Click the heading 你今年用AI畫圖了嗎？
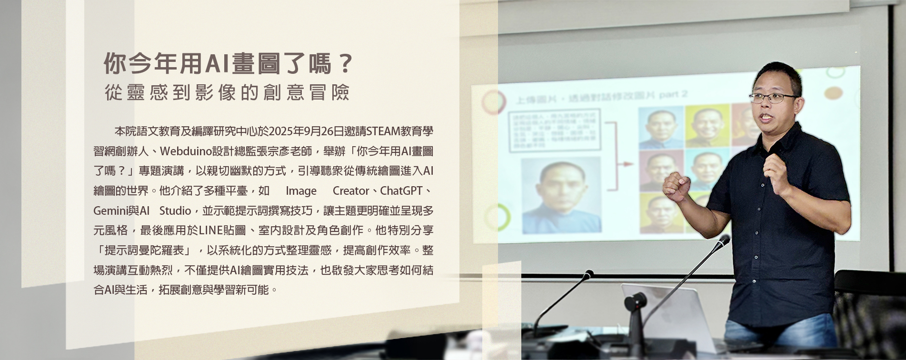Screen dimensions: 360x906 tap(229, 64)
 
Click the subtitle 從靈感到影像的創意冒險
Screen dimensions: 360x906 tap(227, 93)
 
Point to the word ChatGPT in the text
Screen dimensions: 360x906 tap(401, 191)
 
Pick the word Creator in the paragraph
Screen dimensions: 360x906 tap(351, 191)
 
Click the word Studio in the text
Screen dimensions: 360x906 tap(175, 210)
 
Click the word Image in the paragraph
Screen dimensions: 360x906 tap(301, 191)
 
